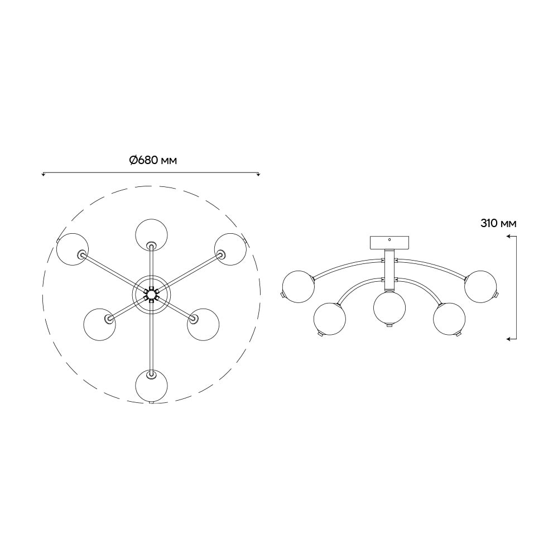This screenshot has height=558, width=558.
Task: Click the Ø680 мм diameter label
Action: tap(153, 161)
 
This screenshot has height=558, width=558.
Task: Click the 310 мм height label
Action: tap(498, 224)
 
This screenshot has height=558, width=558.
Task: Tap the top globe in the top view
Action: tap(152, 234)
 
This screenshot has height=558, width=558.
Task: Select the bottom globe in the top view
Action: tap(152, 386)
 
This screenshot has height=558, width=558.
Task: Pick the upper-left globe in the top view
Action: tap(73, 249)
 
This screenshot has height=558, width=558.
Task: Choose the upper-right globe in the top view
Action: tap(230, 249)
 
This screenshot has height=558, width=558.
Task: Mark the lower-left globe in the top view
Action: tap(100, 325)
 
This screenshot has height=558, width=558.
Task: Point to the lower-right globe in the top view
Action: tap(203, 325)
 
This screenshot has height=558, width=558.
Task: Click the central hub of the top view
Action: tap(152, 294)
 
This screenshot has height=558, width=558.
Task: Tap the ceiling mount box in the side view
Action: tap(389, 243)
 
